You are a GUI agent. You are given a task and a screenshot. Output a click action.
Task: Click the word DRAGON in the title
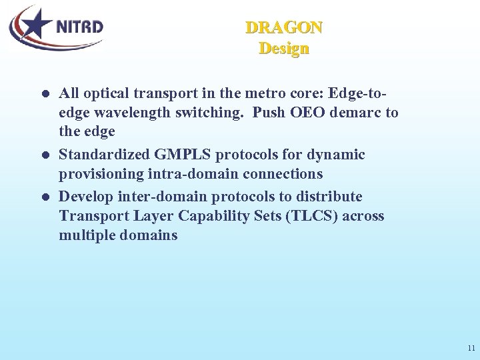[284, 28]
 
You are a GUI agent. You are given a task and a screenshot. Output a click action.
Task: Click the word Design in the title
[284, 49]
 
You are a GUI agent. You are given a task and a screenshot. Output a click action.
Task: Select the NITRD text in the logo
[79, 27]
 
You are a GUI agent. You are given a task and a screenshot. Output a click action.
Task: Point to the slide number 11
[471, 348]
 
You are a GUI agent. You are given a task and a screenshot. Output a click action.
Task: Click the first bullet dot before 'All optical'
[44, 94]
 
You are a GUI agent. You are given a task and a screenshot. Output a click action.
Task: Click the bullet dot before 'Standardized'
[44, 155]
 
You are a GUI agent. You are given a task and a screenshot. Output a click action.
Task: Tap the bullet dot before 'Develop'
[44, 197]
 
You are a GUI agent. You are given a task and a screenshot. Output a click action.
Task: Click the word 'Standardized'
[105, 155]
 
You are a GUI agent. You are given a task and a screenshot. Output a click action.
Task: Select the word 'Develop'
[84, 197]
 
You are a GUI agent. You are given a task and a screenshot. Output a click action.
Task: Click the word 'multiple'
[86, 235]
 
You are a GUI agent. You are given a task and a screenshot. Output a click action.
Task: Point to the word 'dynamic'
[337, 155]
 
